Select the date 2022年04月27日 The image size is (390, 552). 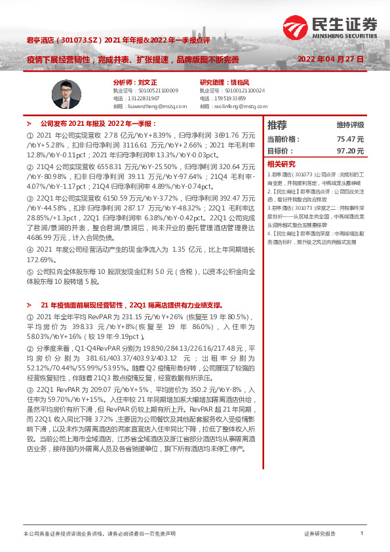click(x=330, y=59)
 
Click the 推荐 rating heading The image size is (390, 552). click(x=277, y=125)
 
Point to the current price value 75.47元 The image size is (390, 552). click(x=350, y=139)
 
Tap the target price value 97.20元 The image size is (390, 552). click(x=350, y=151)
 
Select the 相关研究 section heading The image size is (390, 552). click(x=280, y=164)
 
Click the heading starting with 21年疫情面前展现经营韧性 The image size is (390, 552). click(x=132, y=305)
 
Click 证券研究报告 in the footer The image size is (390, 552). click(x=320, y=534)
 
